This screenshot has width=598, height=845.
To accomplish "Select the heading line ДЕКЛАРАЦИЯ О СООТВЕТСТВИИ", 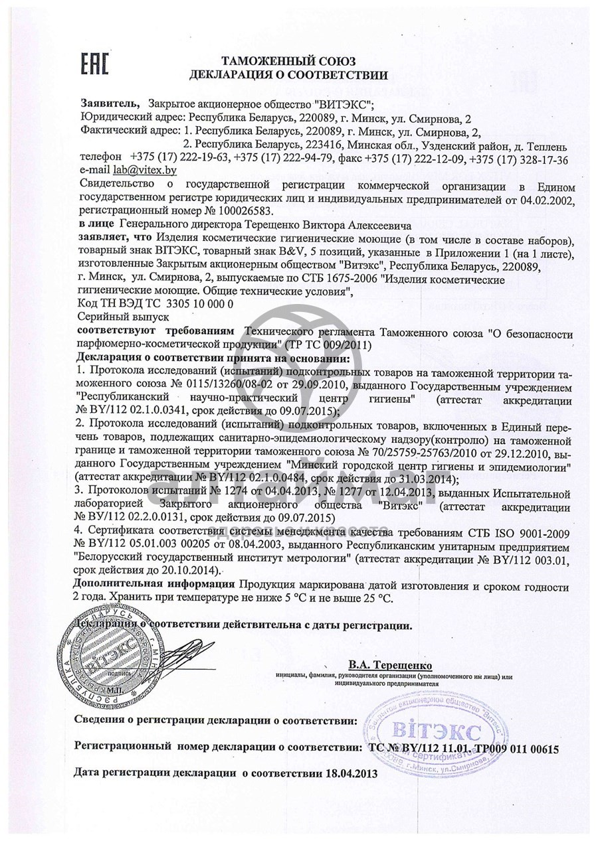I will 288,74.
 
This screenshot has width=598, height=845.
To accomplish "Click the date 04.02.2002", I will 540,198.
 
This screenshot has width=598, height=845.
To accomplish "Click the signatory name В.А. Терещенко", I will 389,664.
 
